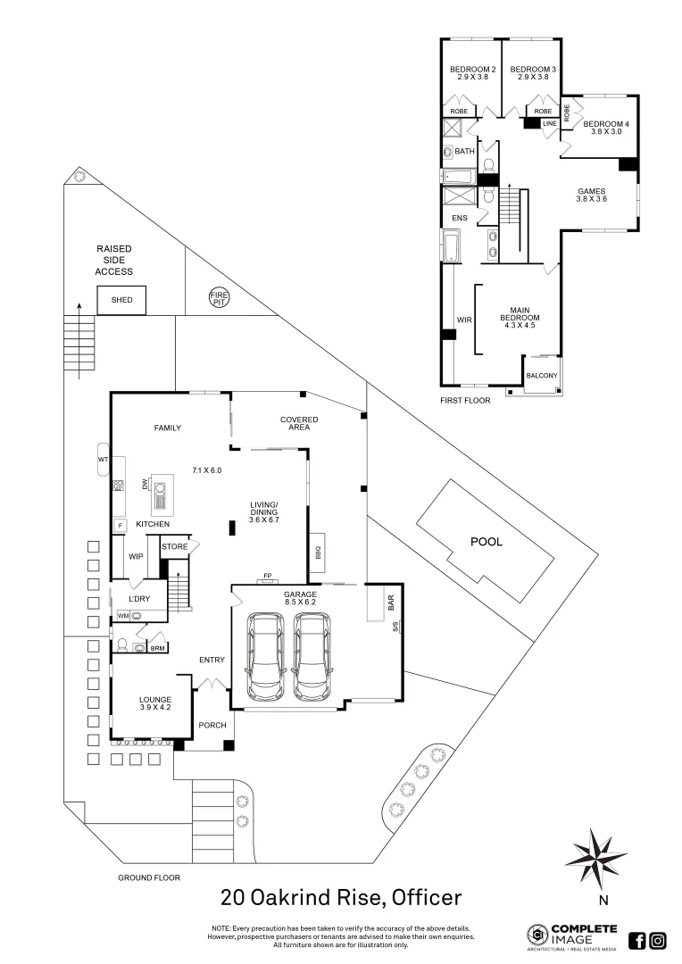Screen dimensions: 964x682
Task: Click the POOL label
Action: pyautogui.click(x=487, y=541)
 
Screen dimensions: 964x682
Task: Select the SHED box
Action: pyautogui.click(x=122, y=300)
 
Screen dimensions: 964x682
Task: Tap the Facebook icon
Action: pyautogui.click(x=637, y=940)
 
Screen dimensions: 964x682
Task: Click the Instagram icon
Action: pyautogui.click(x=658, y=940)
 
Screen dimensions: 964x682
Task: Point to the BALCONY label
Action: pyautogui.click(x=543, y=376)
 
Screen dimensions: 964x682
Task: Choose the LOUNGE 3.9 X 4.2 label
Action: pyautogui.click(x=149, y=703)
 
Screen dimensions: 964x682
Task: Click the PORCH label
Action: pyautogui.click(x=212, y=725)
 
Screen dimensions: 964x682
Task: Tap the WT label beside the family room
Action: pyautogui.click(x=103, y=460)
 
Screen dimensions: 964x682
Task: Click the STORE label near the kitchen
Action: pyautogui.click(x=174, y=546)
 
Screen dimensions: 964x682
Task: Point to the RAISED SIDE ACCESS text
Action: pyautogui.click(x=114, y=260)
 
